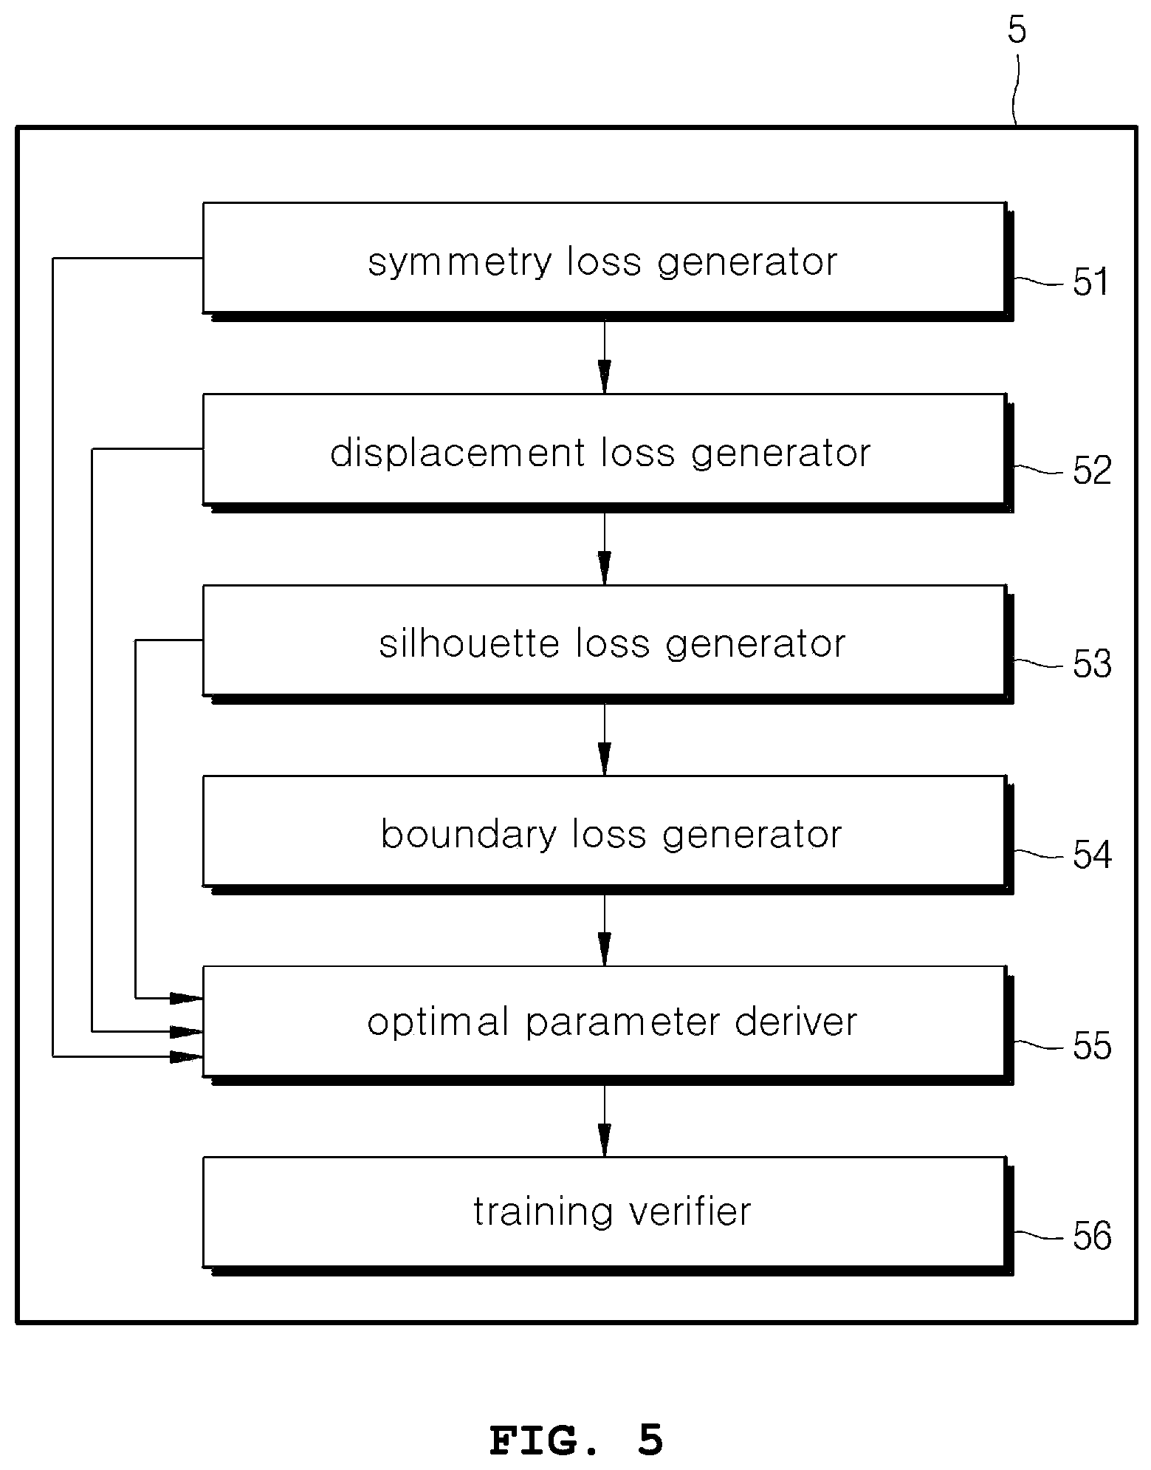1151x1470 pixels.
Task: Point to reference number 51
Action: point(1091,281)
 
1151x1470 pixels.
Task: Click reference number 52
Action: point(1092,471)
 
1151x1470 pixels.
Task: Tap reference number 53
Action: point(1092,663)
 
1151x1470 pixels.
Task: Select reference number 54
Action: point(1092,855)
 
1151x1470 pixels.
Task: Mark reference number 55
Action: point(1092,1046)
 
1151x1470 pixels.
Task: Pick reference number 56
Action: point(1092,1236)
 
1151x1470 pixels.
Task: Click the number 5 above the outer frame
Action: point(1017,30)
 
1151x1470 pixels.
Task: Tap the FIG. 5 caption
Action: point(576,1440)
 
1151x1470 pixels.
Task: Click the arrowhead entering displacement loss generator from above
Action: point(605,376)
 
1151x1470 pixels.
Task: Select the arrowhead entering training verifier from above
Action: point(605,1140)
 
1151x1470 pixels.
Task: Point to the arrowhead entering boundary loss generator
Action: point(605,759)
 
